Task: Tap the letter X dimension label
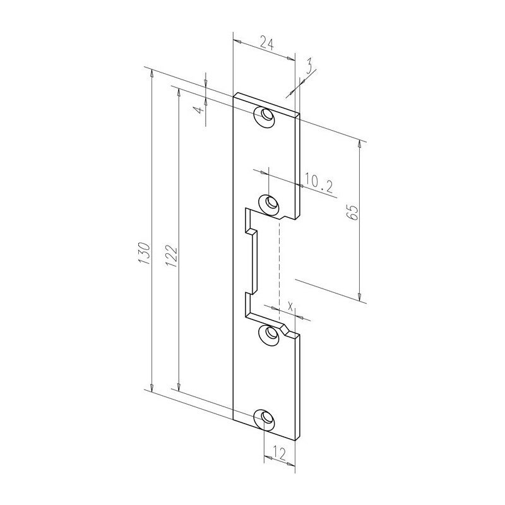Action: pyautogui.click(x=290, y=306)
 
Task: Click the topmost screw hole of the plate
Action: pyautogui.click(x=265, y=117)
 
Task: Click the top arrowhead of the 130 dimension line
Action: pyautogui.click(x=151, y=74)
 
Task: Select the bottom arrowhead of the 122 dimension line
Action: pyautogui.click(x=180, y=384)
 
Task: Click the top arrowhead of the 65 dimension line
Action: pyautogui.click(x=360, y=146)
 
